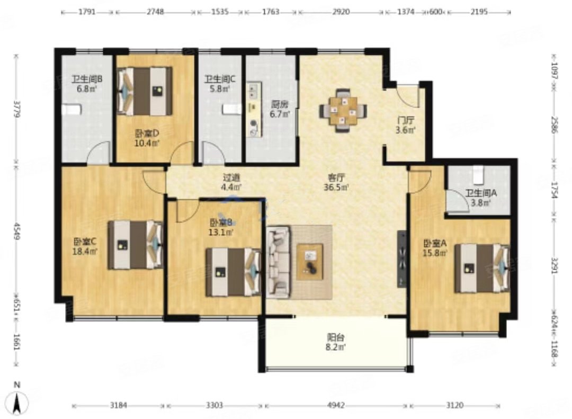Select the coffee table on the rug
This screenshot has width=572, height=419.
pyautogui.click(x=309, y=262)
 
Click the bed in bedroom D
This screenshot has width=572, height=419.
pyautogui.click(x=145, y=91)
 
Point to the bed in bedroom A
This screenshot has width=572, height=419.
pyautogui.click(x=481, y=268)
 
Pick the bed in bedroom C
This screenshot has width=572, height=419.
pyautogui.click(x=135, y=245)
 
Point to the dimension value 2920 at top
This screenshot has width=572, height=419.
pyautogui.click(x=341, y=12)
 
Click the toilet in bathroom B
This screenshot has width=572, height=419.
pyautogui.click(x=71, y=110)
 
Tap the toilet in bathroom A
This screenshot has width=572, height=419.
pyautogui.click(x=478, y=174)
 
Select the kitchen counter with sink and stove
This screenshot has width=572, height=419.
pyautogui.click(x=254, y=110)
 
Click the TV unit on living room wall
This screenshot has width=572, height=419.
pyautogui.click(x=401, y=259)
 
